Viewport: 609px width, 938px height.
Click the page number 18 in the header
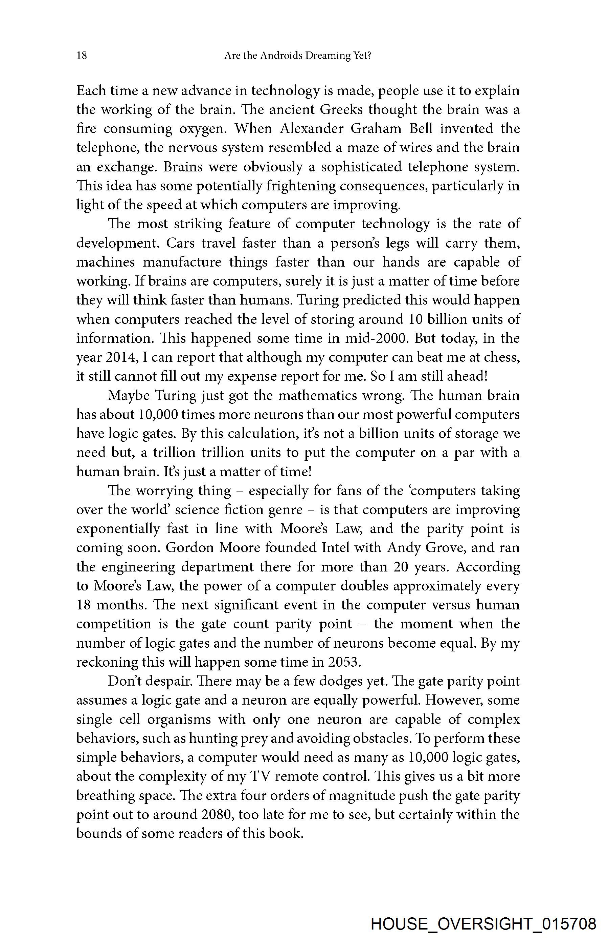pyautogui.click(x=82, y=56)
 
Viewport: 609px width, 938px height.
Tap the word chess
pyautogui.click(x=503, y=357)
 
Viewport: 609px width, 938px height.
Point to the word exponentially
pyautogui.click(x=118, y=529)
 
